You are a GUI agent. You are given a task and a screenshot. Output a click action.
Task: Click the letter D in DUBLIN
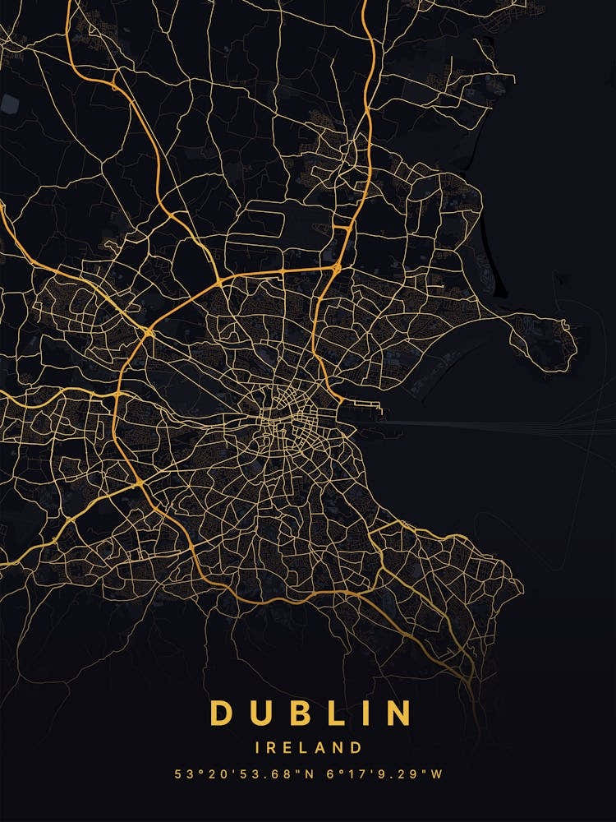[x=221, y=713]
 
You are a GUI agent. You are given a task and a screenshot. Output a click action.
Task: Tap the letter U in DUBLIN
[x=260, y=713]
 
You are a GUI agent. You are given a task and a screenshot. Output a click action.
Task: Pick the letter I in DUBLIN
[x=361, y=713]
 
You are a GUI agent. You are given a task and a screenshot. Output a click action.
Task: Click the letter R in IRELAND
[x=274, y=748]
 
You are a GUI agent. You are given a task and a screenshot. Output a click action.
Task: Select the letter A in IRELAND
[x=323, y=748]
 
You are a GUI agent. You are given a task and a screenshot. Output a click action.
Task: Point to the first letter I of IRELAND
[x=259, y=748]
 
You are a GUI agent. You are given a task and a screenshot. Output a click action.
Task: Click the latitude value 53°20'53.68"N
[x=233, y=774]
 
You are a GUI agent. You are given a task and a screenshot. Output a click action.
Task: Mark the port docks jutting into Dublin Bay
[x=365, y=409]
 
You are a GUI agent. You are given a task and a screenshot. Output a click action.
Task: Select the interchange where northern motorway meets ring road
[x=336, y=267]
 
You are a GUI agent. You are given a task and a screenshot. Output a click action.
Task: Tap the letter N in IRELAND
[x=339, y=748]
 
